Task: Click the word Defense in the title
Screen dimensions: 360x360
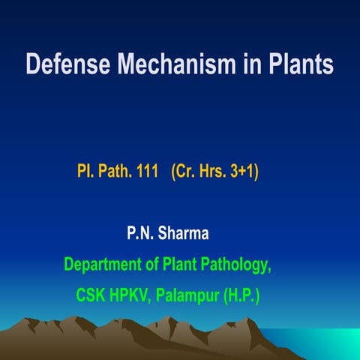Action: coord(64,63)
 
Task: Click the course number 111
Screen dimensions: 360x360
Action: coord(145,171)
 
